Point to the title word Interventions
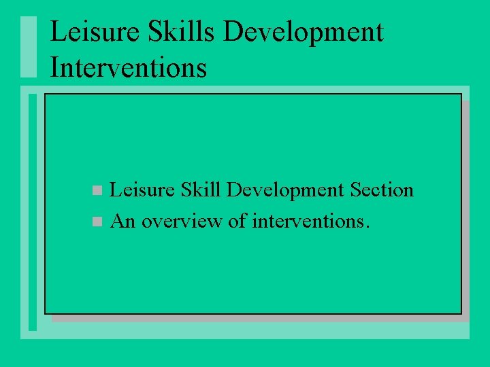[x=129, y=68]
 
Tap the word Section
[x=381, y=190]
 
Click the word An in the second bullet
[x=122, y=221]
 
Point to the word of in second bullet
[x=237, y=221]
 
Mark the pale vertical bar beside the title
[x=27, y=46]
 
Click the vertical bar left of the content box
[x=33, y=211]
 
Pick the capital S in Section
[x=355, y=190]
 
